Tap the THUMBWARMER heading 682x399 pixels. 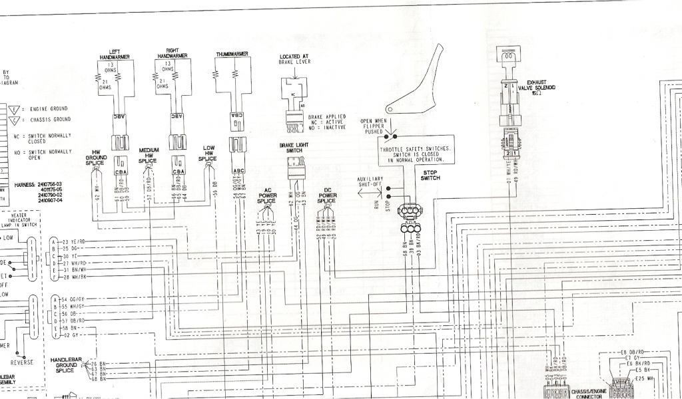tap(232, 53)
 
